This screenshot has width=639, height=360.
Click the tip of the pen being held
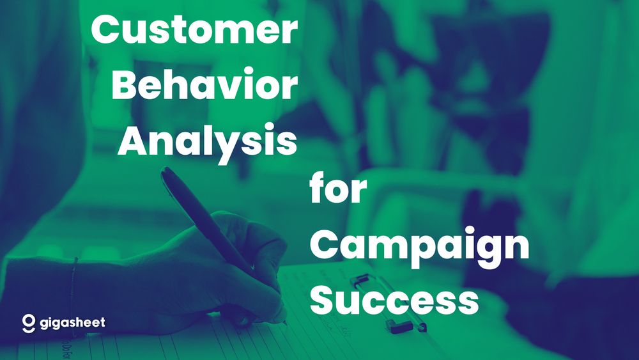coord(285,320)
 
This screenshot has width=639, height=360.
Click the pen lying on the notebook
coord(387,304)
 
